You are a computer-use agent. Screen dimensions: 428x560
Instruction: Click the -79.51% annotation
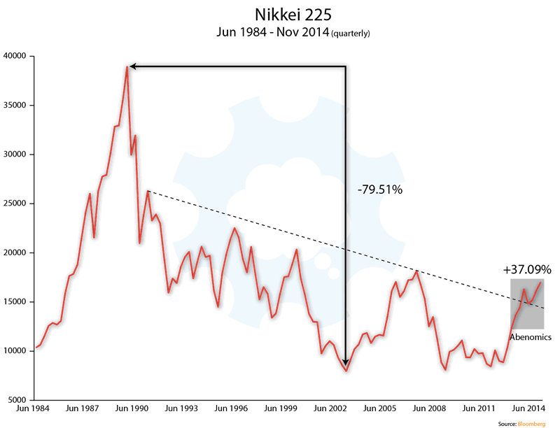click(x=379, y=190)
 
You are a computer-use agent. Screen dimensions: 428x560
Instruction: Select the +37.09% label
click(x=527, y=269)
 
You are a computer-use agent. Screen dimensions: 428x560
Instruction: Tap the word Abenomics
click(x=530, y=337)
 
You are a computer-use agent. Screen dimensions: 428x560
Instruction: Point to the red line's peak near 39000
click(x=127, y=67)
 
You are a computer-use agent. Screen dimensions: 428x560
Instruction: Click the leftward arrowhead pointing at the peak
click(x=133, y=66)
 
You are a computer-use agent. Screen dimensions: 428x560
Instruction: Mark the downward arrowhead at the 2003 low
click(x=346, y=362)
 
